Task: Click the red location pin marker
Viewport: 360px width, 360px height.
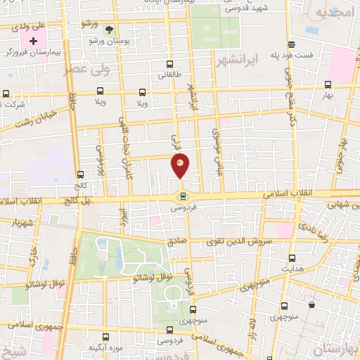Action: pyautogui.click(x=181, y=166)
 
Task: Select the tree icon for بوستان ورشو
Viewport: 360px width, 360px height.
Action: pyautogui.click(x=108, y=30)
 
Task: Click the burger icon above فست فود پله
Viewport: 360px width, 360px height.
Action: pyautogui.click(x=311, y=41)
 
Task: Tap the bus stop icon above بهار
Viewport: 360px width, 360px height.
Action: pyautogui.click(x=327, y=83)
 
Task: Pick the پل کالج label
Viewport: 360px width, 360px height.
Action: pyautogui.click(x=59, y=201)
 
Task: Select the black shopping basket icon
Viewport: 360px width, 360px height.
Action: pyautogui.click(x=311, y=305)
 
